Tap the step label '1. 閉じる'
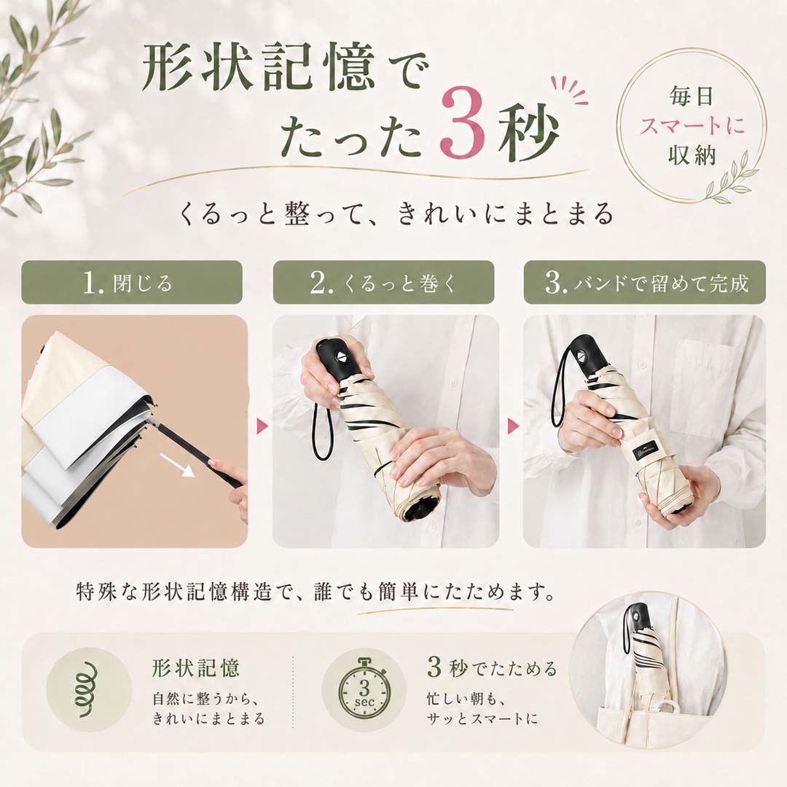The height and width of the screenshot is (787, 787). point(128,283)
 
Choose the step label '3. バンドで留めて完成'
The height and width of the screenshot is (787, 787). point(646,283)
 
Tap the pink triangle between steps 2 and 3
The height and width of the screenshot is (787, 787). point(513,426)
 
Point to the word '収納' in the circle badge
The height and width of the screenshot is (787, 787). point(692,154)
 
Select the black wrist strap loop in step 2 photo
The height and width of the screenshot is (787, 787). point(320,431)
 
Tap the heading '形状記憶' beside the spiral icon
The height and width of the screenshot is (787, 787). point(196,668)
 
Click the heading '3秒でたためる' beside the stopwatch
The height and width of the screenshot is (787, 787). point(492,668)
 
